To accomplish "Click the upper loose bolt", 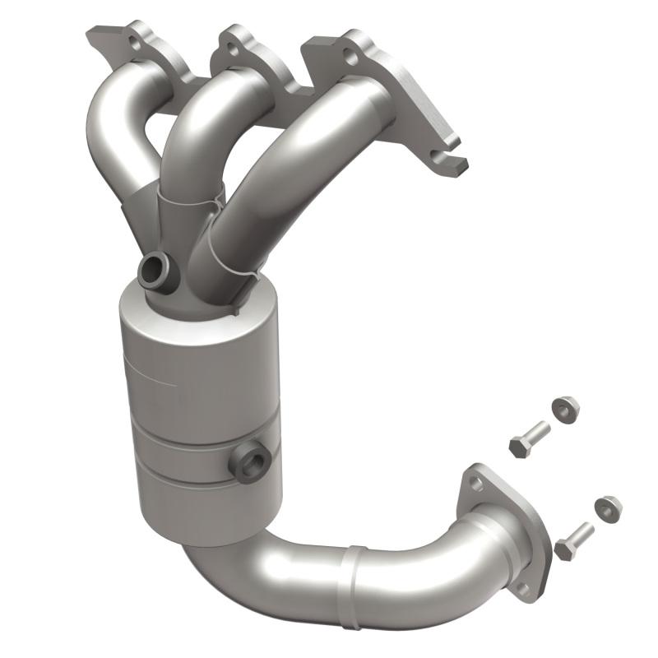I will [x=528, y=439].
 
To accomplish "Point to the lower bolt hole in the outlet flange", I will [x=521, y=587].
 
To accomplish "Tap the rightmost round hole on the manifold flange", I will [x=351, y=58].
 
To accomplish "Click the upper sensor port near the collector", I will [x=155, y=271].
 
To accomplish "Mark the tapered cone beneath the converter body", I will [x=214, y=526].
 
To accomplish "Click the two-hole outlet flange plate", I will [x=503, y=526].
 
